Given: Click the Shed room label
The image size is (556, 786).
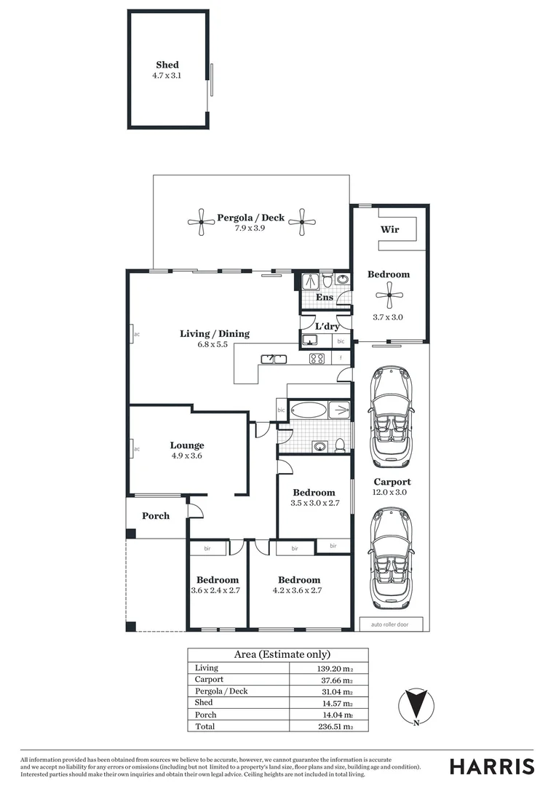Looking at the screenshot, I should point(167,65).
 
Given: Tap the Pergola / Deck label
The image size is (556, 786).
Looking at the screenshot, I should point(250,218).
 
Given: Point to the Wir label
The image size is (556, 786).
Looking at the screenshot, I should point(389,230).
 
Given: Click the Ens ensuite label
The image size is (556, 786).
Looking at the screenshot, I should point(325,297).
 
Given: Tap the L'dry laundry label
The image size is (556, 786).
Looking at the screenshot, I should point(327,326).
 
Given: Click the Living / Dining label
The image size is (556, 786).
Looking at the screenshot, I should point(214,333).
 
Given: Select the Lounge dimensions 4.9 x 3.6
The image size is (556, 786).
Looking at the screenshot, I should point(187,456).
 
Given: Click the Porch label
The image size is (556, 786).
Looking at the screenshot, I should point(155,516).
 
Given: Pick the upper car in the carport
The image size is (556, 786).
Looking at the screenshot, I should point(392,416).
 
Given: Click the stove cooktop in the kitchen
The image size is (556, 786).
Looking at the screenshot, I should point(317,358).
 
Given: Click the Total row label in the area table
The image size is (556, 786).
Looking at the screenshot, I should point(204,726).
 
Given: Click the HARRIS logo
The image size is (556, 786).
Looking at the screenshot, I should point(491,766).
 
